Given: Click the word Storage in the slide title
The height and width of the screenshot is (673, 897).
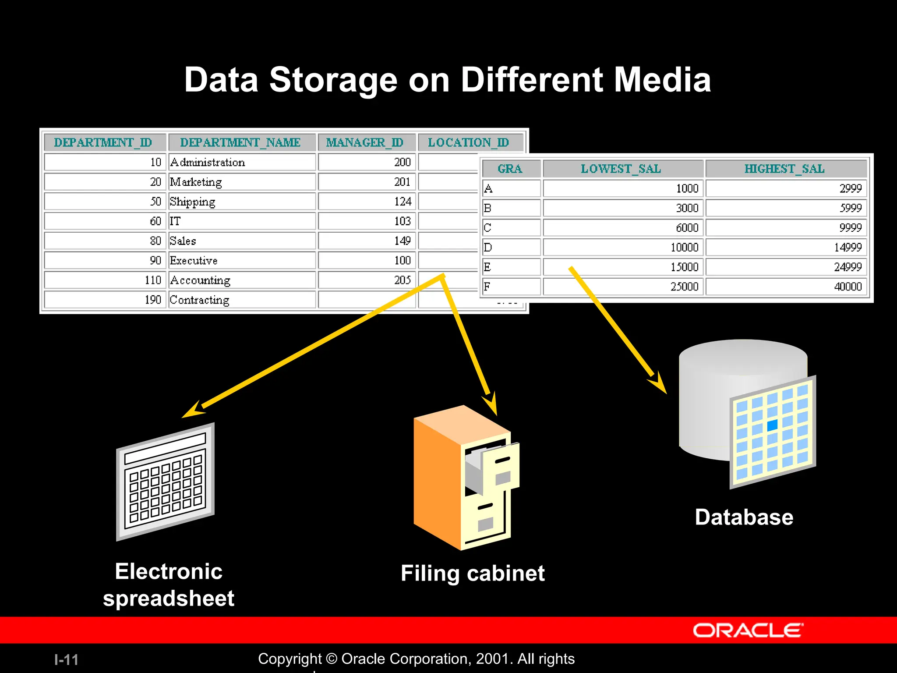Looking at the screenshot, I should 333,80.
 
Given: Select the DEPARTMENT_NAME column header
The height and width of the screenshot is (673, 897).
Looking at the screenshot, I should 240,142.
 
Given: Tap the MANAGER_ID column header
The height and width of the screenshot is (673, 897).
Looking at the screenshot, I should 364,142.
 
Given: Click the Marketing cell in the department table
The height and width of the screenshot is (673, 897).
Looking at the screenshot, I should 196,182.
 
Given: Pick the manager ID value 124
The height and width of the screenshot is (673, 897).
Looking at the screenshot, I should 403,202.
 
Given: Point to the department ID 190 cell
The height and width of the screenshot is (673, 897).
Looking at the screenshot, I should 153,300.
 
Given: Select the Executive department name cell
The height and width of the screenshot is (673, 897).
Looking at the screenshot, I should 194,261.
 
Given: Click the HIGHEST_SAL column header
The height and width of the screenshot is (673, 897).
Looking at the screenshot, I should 784,169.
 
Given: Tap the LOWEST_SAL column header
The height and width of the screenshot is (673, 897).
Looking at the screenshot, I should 621,169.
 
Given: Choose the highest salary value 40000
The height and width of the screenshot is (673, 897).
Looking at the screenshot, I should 848,287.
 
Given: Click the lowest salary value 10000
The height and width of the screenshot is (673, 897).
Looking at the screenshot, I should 684,248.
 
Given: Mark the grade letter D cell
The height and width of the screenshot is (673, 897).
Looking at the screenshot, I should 488,248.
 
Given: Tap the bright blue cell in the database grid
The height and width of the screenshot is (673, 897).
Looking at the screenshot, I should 772,425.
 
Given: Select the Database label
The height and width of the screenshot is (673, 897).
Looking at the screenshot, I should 744,517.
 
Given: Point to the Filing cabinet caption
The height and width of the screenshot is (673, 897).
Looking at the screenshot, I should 473,573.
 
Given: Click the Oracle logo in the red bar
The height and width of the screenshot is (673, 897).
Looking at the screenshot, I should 748,630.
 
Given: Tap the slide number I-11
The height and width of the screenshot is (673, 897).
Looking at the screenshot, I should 66,659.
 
